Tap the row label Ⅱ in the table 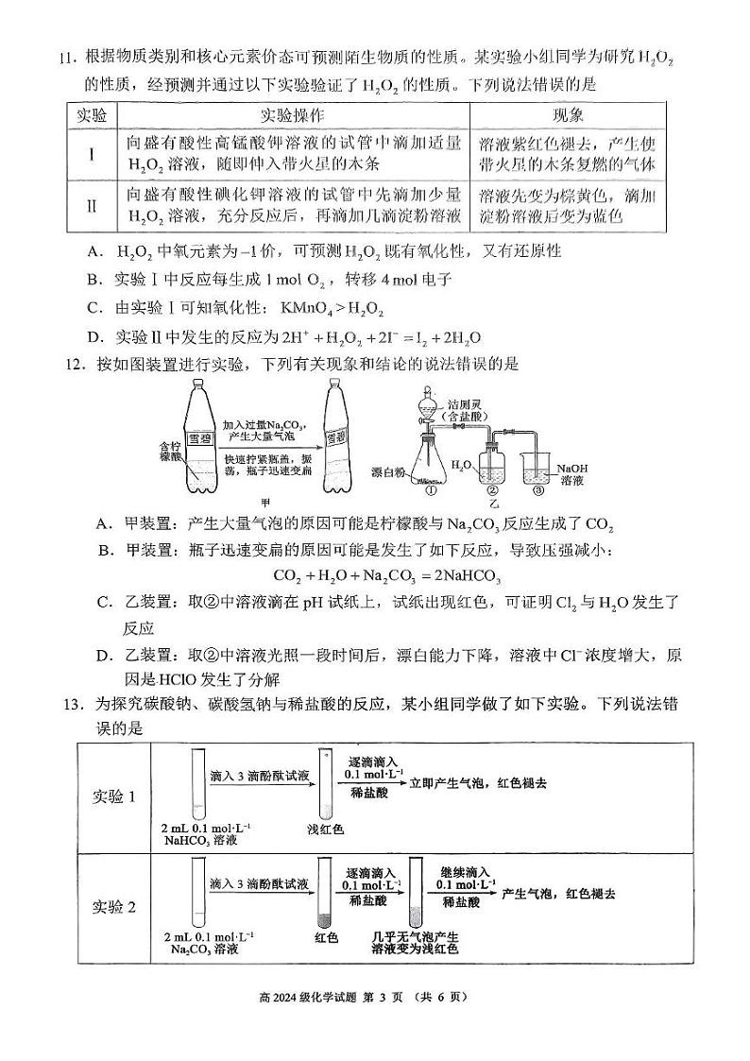[x=92, y=206]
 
